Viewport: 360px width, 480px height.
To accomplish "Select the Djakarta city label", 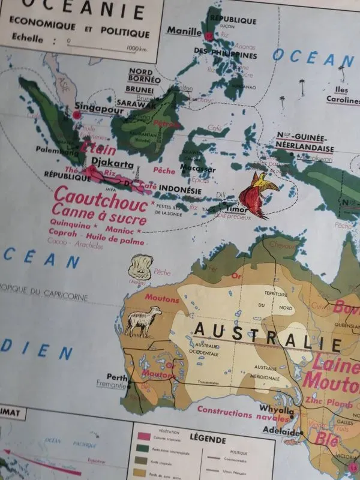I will [x=112, y=163].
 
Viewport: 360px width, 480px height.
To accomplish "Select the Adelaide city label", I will [x=280, y=431].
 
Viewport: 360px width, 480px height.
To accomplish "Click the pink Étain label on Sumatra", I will [x=94, y=146].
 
